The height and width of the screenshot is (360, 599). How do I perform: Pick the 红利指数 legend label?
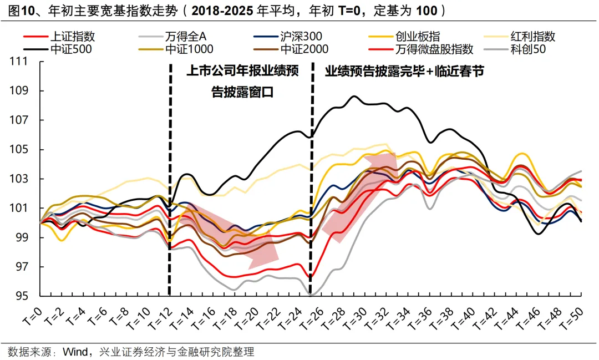[x=533, y=37]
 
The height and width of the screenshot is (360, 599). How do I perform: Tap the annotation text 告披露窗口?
[x=242, y=92]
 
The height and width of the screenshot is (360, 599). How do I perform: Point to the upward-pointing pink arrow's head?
[x=382, y=161]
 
